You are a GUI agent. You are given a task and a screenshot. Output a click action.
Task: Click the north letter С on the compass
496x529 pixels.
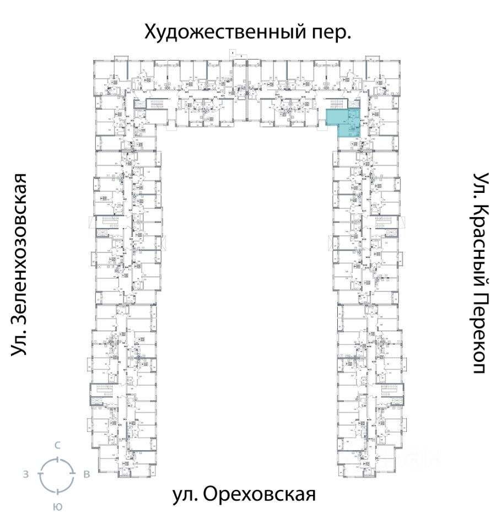[x=57, y=445]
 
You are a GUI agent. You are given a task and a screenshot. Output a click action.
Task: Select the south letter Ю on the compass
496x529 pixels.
[x=57, y=507]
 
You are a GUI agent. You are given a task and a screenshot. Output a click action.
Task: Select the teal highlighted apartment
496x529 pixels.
[x=340, y=122]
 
